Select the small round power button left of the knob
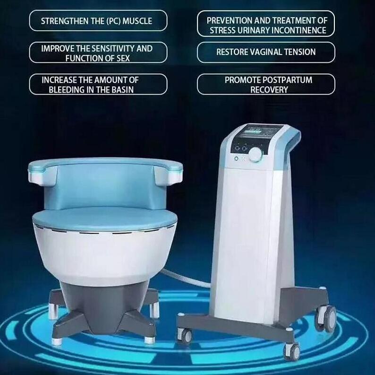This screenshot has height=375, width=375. tap(235, 158)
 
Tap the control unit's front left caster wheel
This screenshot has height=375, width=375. tap(185, 336)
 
